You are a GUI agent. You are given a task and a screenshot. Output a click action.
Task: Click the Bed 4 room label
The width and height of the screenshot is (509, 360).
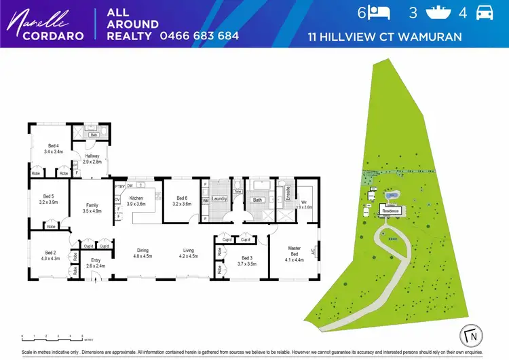[53, 149]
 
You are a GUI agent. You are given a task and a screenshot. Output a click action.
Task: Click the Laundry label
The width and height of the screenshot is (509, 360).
[219, 198]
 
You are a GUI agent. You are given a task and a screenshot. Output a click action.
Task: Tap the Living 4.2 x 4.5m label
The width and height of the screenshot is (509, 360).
[187, 253]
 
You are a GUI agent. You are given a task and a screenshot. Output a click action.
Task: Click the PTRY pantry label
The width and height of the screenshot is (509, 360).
[119, 186]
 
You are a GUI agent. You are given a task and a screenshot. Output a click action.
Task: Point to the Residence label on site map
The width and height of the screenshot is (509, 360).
[390, 211]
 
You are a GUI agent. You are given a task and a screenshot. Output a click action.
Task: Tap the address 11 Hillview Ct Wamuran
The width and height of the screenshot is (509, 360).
[385, 36]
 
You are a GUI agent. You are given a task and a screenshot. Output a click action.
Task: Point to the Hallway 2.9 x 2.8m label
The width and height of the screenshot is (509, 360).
[92, 160]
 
